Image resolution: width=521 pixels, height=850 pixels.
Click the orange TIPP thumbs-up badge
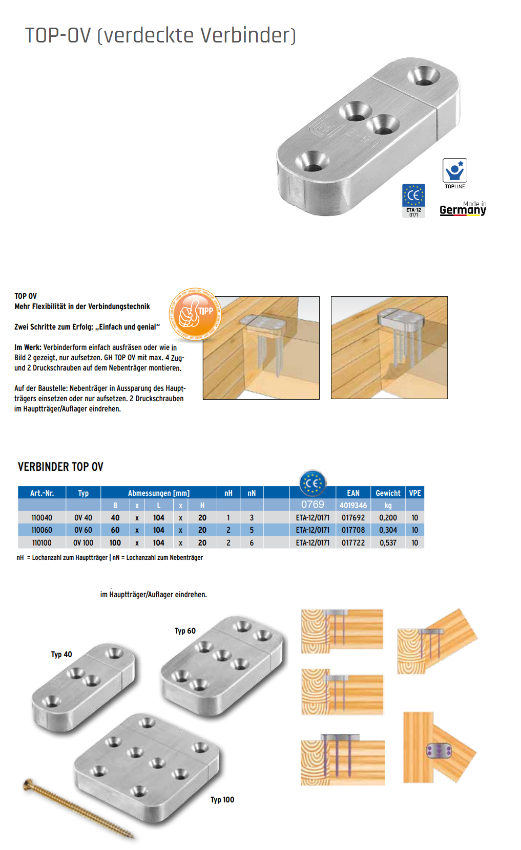195,314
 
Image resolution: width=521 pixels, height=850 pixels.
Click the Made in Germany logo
463,208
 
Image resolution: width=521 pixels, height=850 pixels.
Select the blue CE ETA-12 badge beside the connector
413,200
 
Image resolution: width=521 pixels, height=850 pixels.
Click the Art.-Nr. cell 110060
41,530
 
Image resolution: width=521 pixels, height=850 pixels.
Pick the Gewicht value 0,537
388,542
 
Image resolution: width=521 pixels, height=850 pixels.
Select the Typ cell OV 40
83,518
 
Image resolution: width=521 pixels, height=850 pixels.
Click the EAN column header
353,493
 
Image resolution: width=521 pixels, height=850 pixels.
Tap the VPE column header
414,493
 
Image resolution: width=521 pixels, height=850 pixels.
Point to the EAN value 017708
353,530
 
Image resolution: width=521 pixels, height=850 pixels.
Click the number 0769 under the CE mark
312,505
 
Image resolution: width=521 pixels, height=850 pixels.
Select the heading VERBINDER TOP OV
60,467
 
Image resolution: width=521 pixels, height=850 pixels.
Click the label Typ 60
185,631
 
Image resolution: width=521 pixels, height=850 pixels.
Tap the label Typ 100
222,800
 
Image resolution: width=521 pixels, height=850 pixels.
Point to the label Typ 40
61,655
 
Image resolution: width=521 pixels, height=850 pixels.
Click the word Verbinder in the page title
247,35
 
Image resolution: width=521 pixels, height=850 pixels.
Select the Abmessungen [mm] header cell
159,493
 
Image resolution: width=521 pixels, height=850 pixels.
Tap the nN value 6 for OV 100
252,542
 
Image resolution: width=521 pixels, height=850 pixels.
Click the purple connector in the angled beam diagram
439,751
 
